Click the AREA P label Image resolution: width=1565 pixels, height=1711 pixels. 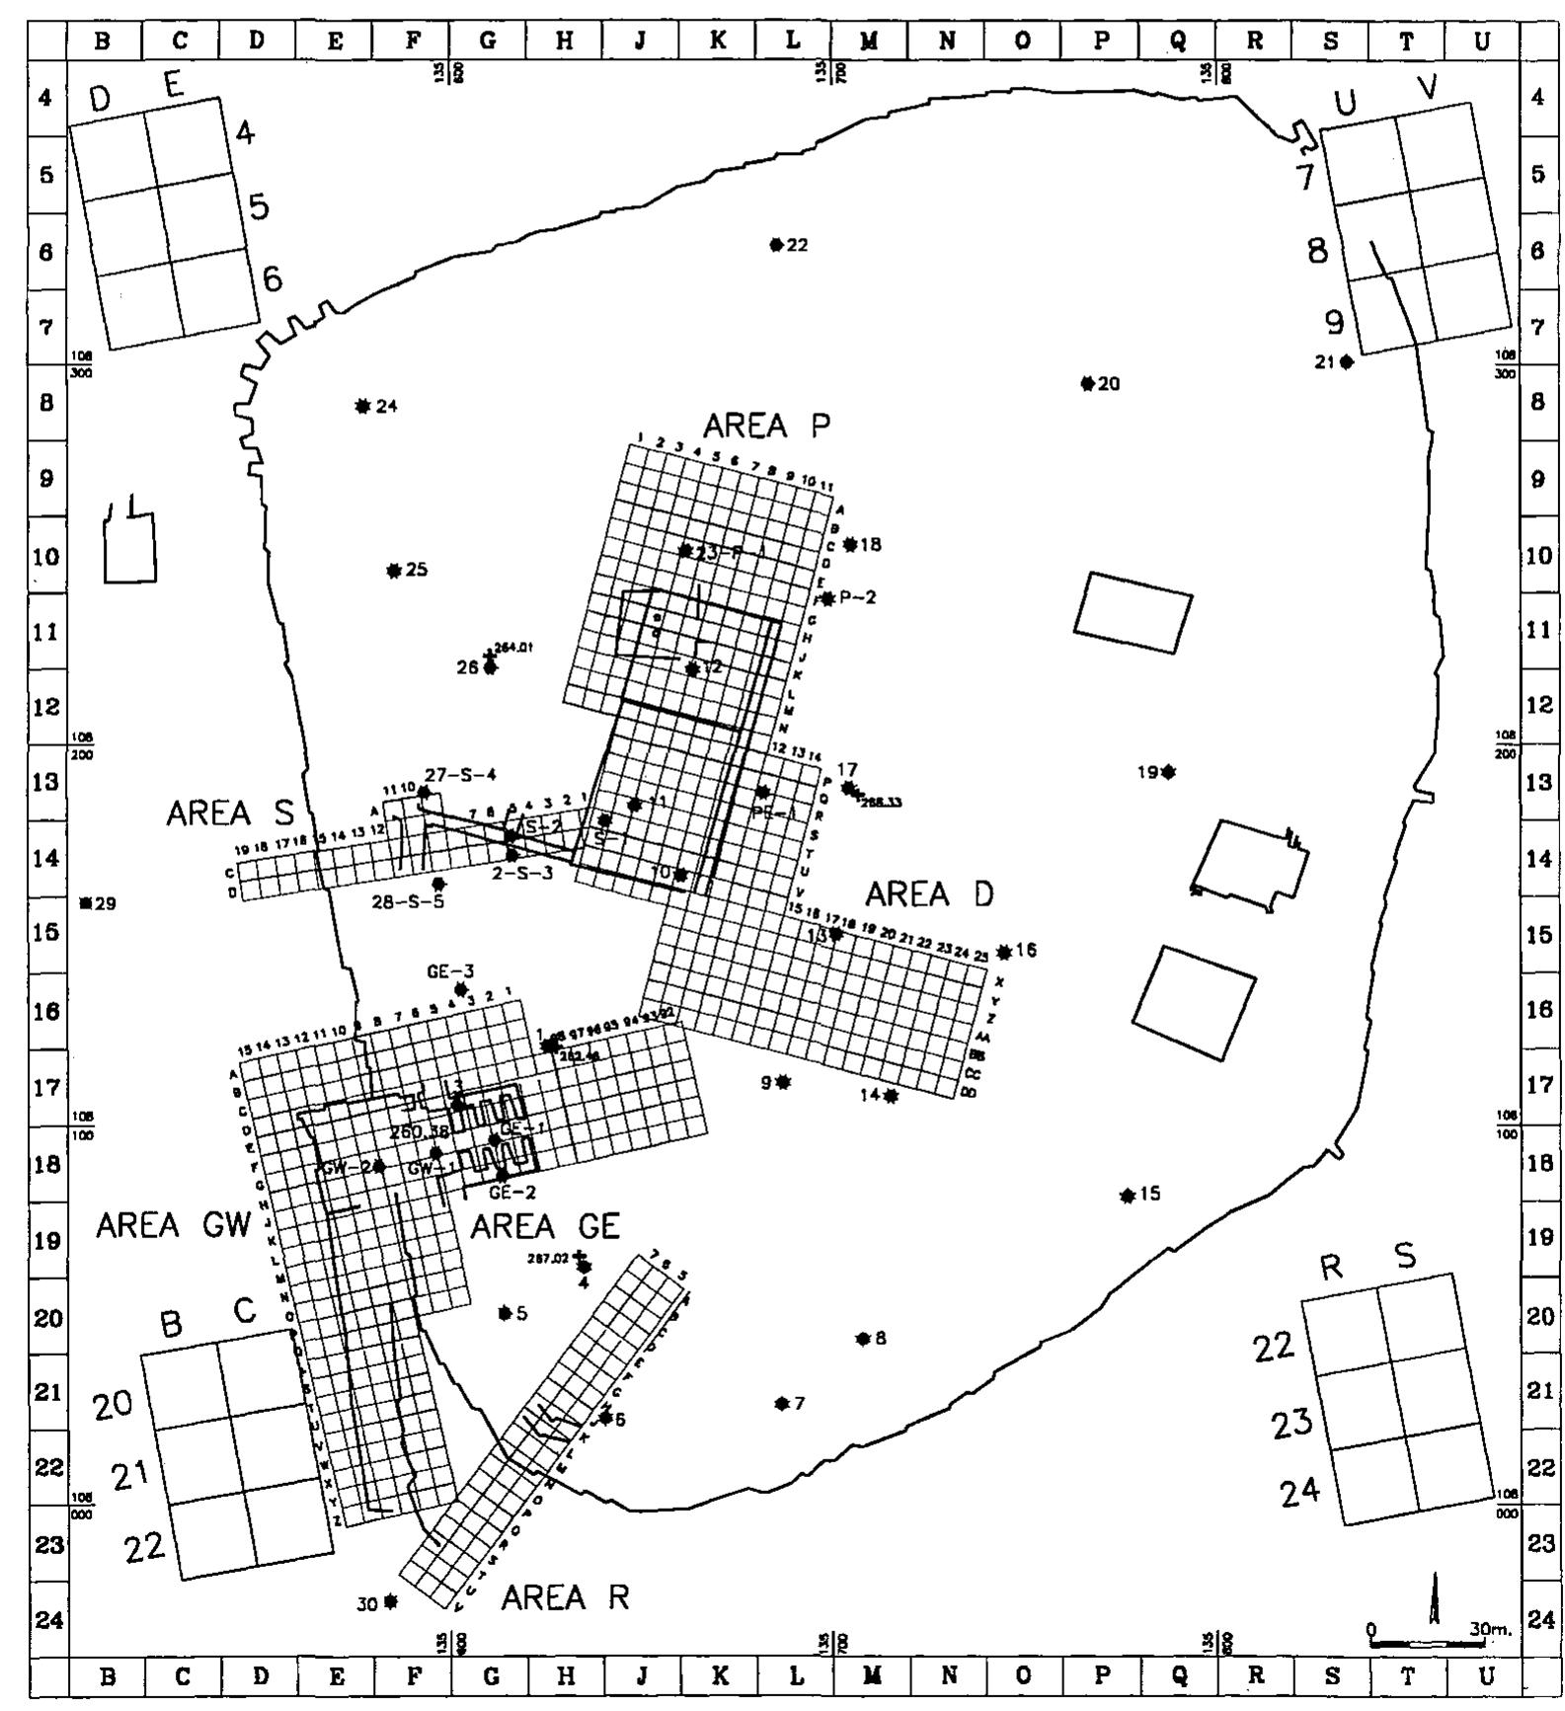[766, 426]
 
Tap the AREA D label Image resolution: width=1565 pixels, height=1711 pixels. [929, 894]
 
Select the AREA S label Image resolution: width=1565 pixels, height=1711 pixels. [230, 814]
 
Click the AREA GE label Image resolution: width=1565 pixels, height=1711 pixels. [545, 1226]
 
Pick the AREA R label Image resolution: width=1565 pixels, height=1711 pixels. [565, 1596]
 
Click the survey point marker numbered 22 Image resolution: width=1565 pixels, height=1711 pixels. [776, 245]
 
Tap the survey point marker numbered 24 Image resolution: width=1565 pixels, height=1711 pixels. [362, 406]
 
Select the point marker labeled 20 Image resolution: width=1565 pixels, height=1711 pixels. [1087, 384]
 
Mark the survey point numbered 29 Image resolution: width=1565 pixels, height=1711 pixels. [86, 903]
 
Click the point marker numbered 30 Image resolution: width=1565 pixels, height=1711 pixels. [391, 1601]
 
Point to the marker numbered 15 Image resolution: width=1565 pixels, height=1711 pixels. [1127, 1196]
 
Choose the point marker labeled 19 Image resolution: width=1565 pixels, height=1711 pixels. [1168, 772]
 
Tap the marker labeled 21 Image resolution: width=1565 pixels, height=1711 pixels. [1346, 362]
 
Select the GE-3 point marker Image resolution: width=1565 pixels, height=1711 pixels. [460, 989]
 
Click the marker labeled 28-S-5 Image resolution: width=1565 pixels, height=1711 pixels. [438, 884]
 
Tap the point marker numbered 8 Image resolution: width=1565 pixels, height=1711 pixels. [863, 1339]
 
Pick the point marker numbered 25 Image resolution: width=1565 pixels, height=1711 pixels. [393, 571]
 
